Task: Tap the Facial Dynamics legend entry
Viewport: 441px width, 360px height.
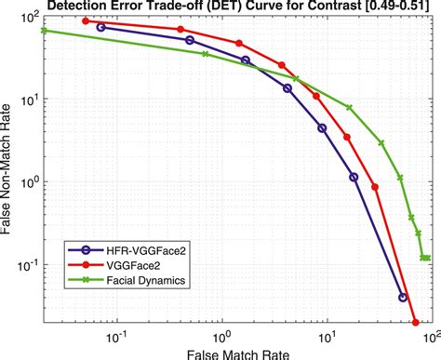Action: tap(131, 278)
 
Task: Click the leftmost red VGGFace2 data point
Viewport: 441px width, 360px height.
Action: tap(86, 20)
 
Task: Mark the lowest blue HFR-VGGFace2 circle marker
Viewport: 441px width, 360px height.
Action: tap(403, 298)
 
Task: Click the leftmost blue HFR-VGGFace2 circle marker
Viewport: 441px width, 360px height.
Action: tap(100, 27)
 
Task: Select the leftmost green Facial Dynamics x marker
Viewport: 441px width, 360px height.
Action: tap(45, 31)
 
